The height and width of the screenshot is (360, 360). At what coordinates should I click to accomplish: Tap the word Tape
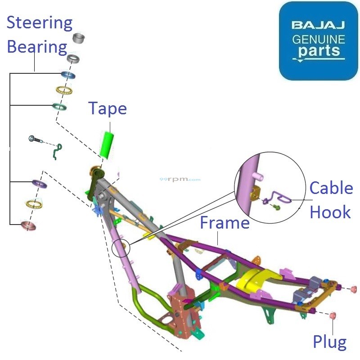coord(108,108)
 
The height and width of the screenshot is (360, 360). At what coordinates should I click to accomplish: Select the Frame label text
coord(225,222)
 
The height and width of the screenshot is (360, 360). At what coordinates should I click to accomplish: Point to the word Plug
coord(330,342)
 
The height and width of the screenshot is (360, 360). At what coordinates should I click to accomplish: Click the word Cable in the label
coord(331,188)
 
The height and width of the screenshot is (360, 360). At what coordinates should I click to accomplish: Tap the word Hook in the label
coord(330,211)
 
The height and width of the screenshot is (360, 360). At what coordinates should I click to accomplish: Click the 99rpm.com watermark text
coord(180,179)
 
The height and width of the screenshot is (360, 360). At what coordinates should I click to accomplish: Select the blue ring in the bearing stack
coord(68,75)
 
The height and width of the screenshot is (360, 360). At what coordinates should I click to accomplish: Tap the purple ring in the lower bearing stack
coord(40,184)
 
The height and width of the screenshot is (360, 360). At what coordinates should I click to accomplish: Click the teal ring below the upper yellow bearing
coord(59,107)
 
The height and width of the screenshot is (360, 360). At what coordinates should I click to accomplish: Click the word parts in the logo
coord(318,50)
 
